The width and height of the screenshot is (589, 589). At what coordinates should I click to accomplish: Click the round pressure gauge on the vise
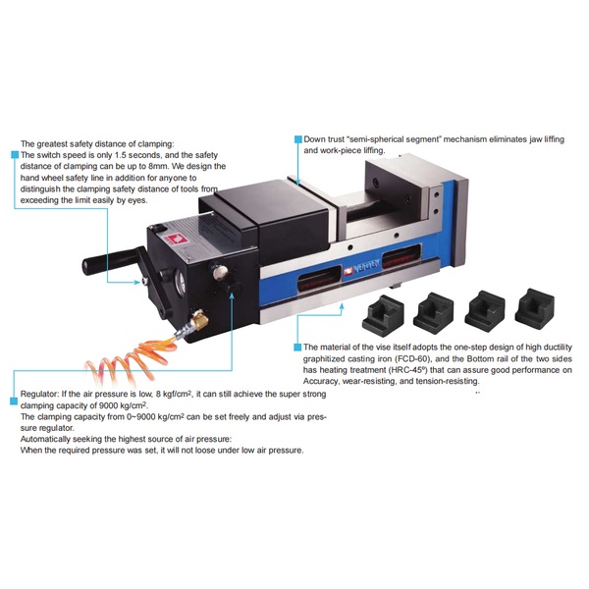tap(181, 283)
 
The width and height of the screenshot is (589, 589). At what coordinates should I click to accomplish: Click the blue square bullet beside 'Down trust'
tap(297, 139)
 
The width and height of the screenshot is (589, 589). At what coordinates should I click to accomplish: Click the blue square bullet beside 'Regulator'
tap(14, 402)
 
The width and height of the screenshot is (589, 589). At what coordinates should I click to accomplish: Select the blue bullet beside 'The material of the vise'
tap(297, 347)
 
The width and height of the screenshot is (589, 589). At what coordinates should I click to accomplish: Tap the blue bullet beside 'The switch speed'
tap(15, 155)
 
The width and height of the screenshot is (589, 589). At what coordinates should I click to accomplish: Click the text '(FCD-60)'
tap(412, 358)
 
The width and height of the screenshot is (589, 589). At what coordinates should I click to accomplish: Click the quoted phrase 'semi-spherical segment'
tap(394, 139)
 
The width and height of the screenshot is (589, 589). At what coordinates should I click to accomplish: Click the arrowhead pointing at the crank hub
tap(137, 282)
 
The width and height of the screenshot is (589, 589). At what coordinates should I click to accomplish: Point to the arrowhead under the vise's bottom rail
tap(342, 305)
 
